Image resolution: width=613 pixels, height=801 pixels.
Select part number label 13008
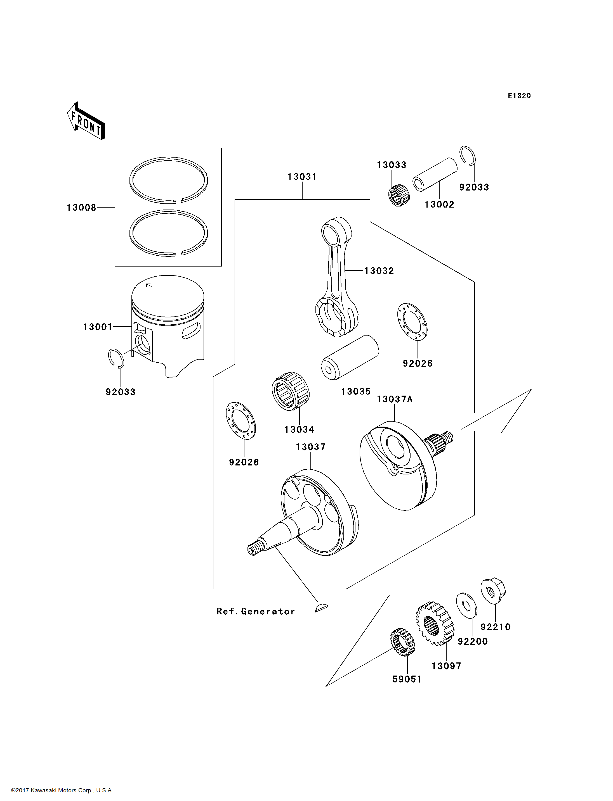coord(81,208)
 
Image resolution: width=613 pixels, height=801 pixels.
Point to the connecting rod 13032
coord(336,277)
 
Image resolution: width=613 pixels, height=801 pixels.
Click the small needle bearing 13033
coord(399,195)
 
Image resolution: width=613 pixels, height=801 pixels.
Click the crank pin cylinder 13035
coord(350,357)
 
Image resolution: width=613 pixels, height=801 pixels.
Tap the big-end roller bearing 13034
coord(291,391)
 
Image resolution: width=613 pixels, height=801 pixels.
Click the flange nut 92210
coord(493,590)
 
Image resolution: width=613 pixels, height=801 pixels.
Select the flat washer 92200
coord(466,605)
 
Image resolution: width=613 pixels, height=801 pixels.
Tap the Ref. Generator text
coord(255,611)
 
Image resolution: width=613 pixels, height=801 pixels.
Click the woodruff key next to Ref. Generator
coord(321,607)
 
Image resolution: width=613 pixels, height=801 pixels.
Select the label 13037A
coord(394,399)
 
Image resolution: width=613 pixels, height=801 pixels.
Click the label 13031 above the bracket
coord(302,177)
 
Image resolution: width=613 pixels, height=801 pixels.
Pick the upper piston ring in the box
coord(169,180)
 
